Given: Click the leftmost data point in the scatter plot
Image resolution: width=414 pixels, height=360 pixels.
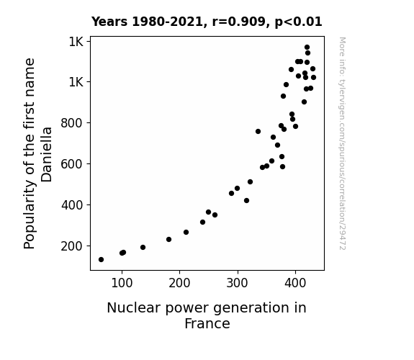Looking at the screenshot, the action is pos(101,260).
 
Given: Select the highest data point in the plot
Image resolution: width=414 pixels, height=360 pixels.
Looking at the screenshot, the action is pos(307,48).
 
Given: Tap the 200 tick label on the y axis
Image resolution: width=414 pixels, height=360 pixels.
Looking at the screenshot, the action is pos(72,246).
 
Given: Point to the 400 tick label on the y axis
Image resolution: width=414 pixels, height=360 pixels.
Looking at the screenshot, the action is pos(72,205).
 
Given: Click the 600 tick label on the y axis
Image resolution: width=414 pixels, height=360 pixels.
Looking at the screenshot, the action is pos(72,164).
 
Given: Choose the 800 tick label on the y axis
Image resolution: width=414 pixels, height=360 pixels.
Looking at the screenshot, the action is pos(72,123).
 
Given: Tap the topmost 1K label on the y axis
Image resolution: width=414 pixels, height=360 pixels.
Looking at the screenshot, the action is pos(76,42).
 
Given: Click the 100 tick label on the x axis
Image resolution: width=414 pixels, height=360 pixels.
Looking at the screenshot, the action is pos(122,283).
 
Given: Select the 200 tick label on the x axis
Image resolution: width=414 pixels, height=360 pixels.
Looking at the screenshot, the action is pos(179,283).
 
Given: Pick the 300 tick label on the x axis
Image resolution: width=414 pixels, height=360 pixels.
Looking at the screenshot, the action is pos(238,283).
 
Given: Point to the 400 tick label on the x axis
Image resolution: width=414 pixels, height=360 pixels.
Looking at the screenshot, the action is pos(295,283).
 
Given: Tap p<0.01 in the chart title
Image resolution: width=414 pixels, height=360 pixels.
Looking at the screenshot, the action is pos(298,22).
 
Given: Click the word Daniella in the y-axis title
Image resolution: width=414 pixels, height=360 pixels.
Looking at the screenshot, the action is pos(47,155).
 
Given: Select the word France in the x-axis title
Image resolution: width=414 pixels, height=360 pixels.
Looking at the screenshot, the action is pos(207,323).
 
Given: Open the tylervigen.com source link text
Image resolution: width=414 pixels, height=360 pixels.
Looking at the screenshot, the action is pos(342,143).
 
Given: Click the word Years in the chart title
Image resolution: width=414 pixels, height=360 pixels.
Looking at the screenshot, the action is pos(109,22).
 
